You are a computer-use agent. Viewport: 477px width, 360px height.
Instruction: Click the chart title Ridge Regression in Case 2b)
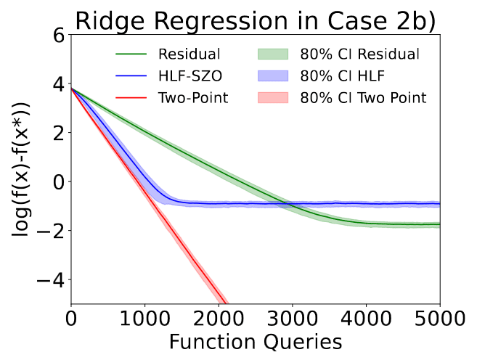256,21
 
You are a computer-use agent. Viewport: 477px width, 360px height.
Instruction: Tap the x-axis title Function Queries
256,343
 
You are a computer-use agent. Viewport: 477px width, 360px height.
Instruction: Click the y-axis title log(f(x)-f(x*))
20,169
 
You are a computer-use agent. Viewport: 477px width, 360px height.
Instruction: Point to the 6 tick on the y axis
59,36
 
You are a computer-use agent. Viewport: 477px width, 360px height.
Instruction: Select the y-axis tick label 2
59,133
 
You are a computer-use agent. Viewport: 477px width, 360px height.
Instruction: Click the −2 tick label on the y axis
51,231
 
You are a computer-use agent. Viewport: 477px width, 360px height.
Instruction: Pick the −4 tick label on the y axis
51,279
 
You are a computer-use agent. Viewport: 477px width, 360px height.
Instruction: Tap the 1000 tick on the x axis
144,319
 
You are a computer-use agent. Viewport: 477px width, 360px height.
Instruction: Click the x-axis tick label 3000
293,319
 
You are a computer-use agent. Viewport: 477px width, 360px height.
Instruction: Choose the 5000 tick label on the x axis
440,319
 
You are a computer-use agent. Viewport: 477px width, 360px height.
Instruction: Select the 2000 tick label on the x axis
219,319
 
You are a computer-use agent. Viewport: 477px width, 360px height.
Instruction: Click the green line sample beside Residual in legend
131,54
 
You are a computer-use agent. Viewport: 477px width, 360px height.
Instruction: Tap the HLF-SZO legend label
190,76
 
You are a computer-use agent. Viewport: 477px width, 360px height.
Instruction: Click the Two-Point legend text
193,98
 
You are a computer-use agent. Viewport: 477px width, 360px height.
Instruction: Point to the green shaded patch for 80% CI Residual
273,54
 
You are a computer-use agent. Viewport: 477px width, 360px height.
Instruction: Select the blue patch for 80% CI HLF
273,76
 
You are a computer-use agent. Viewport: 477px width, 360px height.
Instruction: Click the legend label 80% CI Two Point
363,98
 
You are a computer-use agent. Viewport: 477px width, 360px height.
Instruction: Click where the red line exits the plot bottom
225,303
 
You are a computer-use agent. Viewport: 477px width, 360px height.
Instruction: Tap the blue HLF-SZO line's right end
440,204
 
